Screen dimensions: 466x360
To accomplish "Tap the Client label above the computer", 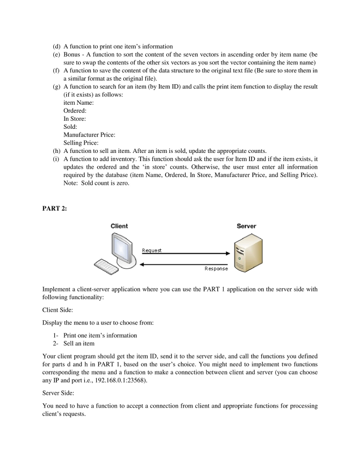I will coord(119,226).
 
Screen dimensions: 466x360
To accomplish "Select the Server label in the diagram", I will coord(246,226).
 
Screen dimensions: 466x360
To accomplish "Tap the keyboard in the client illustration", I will coord(106,265).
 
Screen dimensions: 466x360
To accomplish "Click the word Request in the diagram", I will coord(152,250).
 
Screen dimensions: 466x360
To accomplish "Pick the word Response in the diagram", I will coord(216,268).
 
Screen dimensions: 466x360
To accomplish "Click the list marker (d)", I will coord(57,46).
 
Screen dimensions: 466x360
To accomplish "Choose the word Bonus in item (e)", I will coord(72,55).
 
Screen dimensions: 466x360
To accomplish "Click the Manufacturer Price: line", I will coord(89,135).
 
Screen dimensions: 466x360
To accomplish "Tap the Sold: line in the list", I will coord(70,127).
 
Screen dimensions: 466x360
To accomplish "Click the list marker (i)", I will coord(57,159).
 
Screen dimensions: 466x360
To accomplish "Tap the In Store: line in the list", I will coord(75,119).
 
